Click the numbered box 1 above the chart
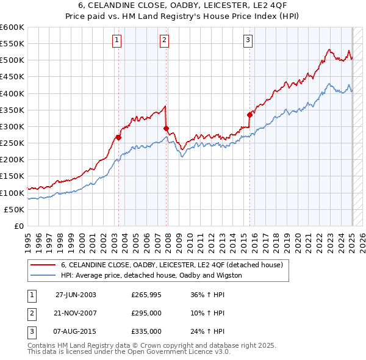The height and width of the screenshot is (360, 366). pyautogui.click(x=117, y=41)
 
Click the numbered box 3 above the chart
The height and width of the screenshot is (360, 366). pyautogui.click(x=248, y=41)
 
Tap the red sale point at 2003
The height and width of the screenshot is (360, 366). pyautogui.click(x=119, y=138)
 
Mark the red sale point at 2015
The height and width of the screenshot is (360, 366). pyautogui.click(x=249, y=115)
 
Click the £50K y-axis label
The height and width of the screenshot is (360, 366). pyautogui.click(x=15, y=209)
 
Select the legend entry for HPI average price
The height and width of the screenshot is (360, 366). pyautogui.click(x=151, y=275)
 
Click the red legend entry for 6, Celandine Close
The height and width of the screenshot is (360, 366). pyautogui.click(x=171, y=265)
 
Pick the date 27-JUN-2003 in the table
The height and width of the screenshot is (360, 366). pyautogui.click(x=76, y=294)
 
